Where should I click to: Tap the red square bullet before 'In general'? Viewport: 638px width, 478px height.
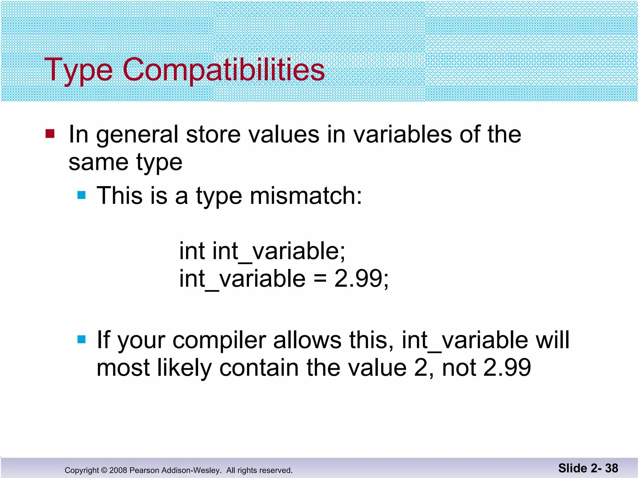(x=50, y=134)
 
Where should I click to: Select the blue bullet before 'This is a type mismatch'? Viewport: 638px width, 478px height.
(x=81, y=195)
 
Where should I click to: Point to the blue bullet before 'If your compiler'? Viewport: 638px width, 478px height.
(x=81, y=339)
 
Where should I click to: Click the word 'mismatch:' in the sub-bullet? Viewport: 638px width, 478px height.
(x=306, y=196)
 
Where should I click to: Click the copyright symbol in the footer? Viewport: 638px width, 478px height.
(x=104, y=470)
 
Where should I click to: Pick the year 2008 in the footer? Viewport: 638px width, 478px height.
(x=118, y=470)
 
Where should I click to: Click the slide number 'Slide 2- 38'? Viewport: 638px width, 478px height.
(x=588, y=468)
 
